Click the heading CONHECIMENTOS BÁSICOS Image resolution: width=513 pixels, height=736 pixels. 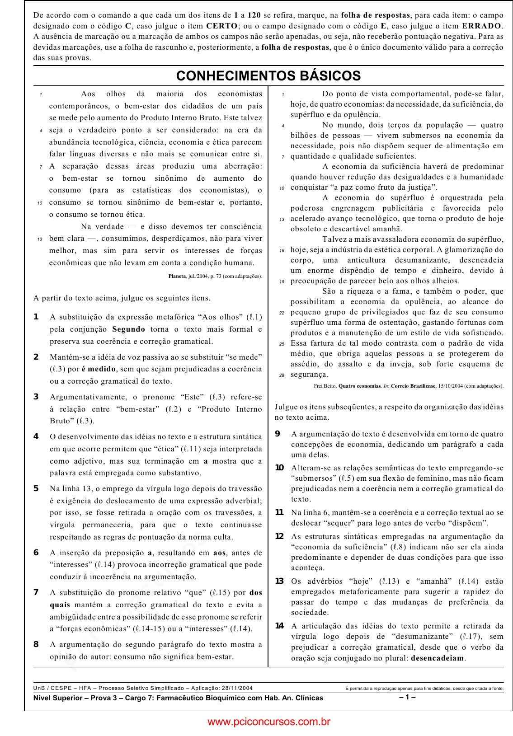coord(268,76)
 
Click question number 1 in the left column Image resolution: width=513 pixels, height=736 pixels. coord(36,317)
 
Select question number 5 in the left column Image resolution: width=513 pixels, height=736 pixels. coord(36,488)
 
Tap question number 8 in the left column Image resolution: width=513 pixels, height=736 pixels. coord(36,644)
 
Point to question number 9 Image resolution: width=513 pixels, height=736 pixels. coord(278,434)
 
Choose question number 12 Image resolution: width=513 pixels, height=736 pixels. coord(279,536)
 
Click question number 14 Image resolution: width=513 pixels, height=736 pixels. coord(279,626)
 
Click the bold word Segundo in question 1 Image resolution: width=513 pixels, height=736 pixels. coord(129,329)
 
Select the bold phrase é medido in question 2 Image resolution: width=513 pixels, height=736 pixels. coord(99,369)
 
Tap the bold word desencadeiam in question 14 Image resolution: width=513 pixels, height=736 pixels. coord(437,658)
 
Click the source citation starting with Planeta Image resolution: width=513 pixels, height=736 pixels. coord(215,276)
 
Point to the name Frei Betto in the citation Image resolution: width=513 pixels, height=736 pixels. coord(325,386)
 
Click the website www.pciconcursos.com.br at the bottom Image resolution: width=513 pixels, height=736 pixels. coord(268,722)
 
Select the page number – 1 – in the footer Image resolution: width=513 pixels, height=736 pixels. coord(407,697)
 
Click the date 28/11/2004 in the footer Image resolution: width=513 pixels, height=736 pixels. coord(237,688)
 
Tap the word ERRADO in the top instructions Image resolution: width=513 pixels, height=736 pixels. coord(482,26)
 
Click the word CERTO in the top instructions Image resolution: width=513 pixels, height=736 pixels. coord(221,26)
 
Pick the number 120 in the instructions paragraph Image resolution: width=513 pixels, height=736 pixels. coord(254,15)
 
